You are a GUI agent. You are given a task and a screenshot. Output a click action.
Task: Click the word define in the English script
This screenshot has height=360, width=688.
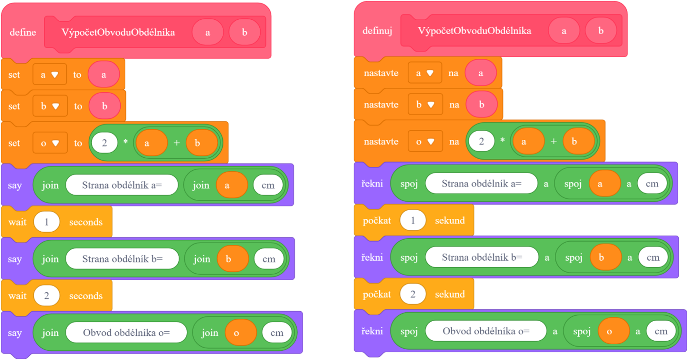[x=23, y=32]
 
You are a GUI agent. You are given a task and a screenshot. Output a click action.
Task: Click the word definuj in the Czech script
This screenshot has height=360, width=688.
[x=377, y=31]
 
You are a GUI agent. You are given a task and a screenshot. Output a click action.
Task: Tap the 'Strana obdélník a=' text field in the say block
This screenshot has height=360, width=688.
[x=122, y=185]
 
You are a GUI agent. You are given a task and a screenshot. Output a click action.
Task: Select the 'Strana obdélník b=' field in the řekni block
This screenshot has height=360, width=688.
[x=482, y=257]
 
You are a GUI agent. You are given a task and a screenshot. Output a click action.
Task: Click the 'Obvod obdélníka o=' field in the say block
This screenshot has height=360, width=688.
[x=126, y=333]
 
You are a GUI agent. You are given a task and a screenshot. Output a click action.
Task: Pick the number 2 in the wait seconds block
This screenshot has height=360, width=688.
[x=47, y=295]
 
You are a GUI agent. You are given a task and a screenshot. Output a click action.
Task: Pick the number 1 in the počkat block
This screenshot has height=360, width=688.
[x=413, y=220]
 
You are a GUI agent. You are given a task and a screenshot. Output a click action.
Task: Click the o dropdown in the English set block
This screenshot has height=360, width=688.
[x=50, y=143]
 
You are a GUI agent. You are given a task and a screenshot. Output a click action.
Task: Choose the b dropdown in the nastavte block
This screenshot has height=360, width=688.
[x=425, y=105]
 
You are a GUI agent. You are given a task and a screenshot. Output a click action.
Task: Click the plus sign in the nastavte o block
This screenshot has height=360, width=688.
[x=553, y=141]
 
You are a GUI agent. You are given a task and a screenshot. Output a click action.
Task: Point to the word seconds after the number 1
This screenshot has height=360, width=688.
[x=86, y=222]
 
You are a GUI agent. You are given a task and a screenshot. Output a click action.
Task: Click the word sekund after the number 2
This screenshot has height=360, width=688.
[x=450, y=294]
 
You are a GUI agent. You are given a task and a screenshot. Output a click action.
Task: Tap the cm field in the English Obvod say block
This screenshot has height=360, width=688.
[x=277, y=333]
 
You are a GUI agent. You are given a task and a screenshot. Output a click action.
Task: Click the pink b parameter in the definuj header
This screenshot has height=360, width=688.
[x=601, y=31]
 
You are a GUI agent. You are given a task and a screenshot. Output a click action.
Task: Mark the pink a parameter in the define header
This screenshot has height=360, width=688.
[x=207, y=32]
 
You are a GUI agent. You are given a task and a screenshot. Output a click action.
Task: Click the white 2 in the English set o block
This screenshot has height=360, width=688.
[x=105, y=143]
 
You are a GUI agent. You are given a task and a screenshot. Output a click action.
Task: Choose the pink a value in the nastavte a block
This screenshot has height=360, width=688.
[x=481, y=73]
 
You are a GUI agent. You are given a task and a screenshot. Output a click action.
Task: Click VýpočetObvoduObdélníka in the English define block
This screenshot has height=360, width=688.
[x=118, y=32]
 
